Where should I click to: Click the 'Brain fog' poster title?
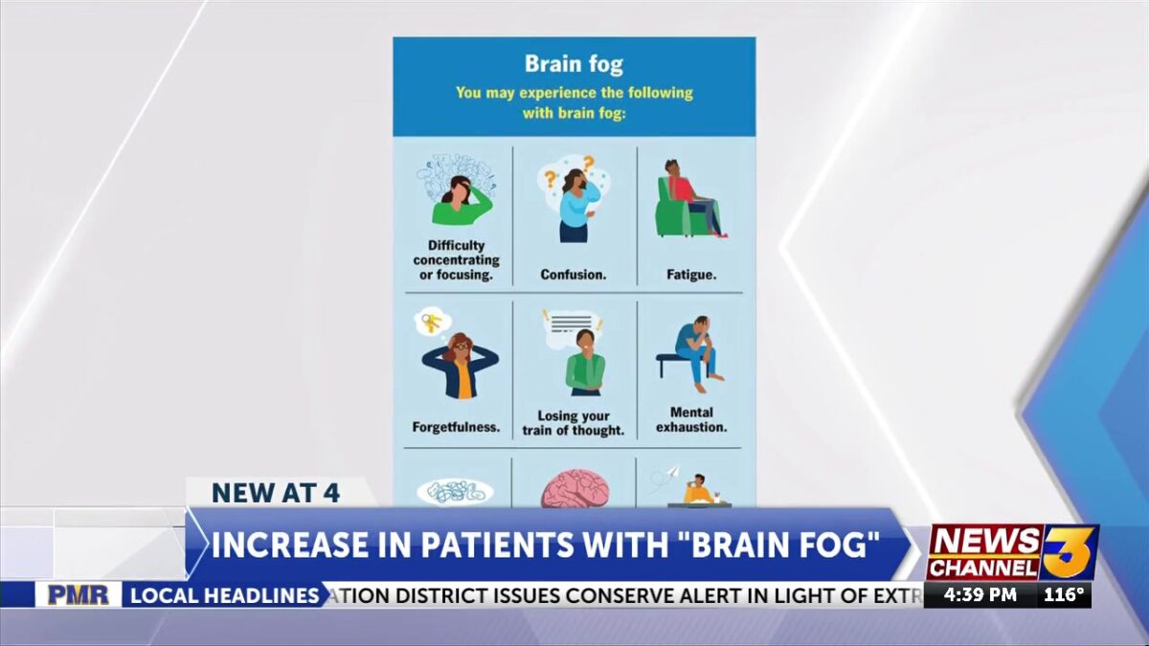coord(574,65)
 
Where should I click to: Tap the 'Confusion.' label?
coord(573,275)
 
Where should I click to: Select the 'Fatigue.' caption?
coord(690,275)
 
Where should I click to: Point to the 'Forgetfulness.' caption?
coord(456,427)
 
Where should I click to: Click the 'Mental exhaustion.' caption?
coord(691,420)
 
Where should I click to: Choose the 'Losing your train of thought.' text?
coord(573,423)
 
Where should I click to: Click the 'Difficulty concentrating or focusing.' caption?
coord(456,260)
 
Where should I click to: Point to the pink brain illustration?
coord(574,489)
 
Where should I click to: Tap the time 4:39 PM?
coord(980,594)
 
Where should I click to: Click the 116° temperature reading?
coord(1064,594)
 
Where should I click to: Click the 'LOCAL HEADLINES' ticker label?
coord(224,595)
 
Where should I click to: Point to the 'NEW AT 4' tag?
coord(276,493)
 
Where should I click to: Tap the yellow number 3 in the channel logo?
coord(1070,551)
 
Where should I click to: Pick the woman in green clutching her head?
coord(462,198)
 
